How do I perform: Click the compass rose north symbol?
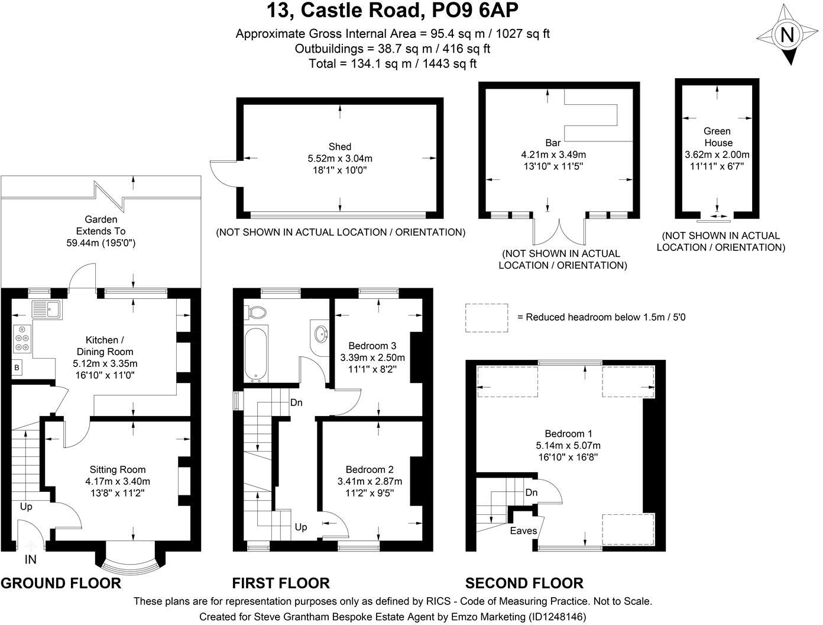coord(787,36)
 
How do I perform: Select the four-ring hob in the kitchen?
coord(22,339)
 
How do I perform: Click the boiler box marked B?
coord(17,368)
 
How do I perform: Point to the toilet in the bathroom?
coord(257,311)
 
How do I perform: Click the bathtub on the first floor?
coord(257,353)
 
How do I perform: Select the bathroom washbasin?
coord(320,334)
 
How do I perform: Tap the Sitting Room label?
coord(118,470)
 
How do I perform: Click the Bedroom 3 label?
coord(372,346)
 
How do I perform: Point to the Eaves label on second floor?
coord(523,531)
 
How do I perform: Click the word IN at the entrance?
coord(30,559)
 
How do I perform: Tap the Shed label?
coord(340,147)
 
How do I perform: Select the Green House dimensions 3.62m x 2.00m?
coord(717,154)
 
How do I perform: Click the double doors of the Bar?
coord(559,231)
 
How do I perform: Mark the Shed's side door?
coord(223,173)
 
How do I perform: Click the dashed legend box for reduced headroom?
coord(487,317)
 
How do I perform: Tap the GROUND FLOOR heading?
coord(61,583)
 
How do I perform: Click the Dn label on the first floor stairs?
coord(296,402)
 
